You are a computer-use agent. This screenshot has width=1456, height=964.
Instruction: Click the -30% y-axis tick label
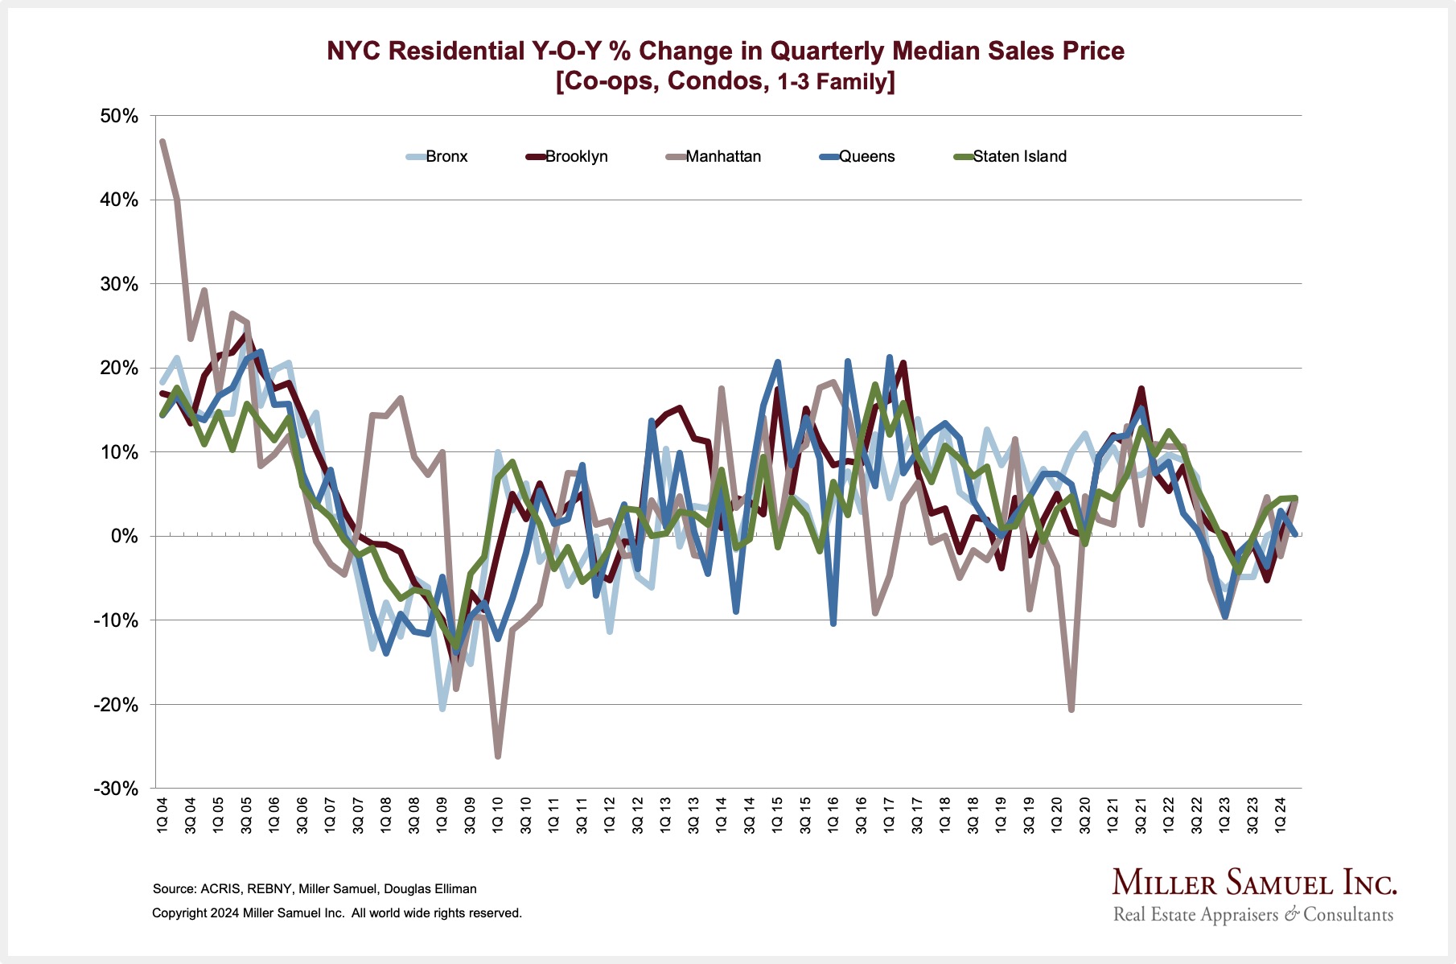[117, 789]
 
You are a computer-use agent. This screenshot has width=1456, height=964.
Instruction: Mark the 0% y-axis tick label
[125, 537]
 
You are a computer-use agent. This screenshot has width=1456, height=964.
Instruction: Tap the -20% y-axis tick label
[117, 706]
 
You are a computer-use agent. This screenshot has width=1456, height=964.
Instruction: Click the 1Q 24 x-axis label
[1280, 815]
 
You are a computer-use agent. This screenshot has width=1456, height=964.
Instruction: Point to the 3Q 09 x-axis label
[470, 815]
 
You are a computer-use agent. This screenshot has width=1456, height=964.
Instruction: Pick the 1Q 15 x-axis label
[777, 815]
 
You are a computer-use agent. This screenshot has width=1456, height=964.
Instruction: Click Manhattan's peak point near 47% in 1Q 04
[162, 142]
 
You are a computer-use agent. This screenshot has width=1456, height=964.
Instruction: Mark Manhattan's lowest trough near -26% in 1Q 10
[498, 756]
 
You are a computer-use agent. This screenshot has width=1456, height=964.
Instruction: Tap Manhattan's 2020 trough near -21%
[1071, 710]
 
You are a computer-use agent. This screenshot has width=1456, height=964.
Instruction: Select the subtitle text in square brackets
[725, 81]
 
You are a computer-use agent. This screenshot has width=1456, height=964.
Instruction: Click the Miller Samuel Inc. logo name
[1254, 883]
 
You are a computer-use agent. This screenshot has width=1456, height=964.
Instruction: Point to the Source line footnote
[315, 889]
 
